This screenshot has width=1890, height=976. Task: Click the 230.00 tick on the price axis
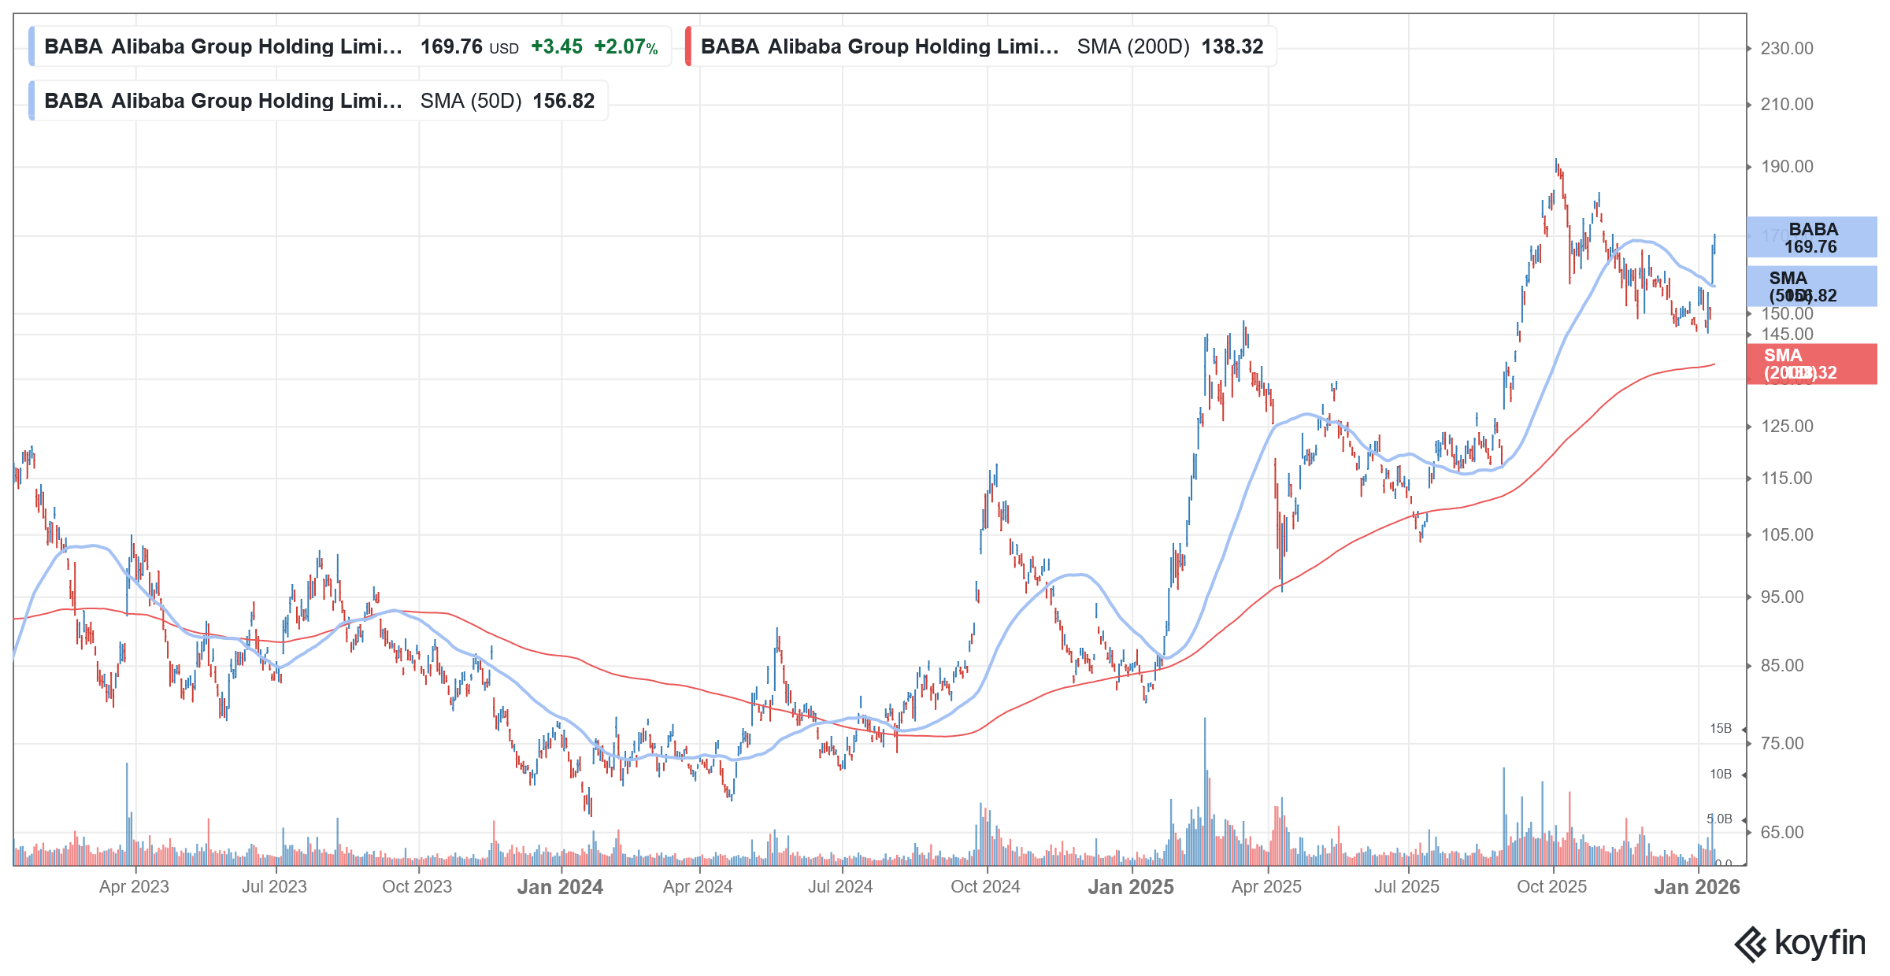coord(1786,49)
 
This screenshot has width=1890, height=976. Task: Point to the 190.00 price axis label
coord(1786,167)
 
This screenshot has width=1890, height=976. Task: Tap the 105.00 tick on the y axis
coord(1786,535)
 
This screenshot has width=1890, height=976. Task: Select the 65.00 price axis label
coord(1781,833)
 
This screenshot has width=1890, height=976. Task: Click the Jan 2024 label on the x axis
coord(560,887)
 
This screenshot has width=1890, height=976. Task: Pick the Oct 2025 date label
coord(1551,887)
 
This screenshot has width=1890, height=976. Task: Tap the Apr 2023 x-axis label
coord(134,887)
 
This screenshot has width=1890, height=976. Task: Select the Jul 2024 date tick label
coord(840,887)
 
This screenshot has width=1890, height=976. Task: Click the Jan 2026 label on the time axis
coord(1696,887)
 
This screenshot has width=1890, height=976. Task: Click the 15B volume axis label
coord(1720,729)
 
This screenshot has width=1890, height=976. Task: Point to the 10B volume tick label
coord(1720,775)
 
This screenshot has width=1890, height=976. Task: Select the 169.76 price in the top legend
coord(451,47)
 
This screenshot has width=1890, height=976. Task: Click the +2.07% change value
coord(625,47)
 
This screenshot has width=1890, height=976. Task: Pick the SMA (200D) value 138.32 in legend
coord(1232,47)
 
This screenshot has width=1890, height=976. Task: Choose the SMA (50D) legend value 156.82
coord(563,102)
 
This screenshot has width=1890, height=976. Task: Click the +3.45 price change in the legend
coord(557,47)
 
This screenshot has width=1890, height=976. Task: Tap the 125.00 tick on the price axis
coord(1786,427)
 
